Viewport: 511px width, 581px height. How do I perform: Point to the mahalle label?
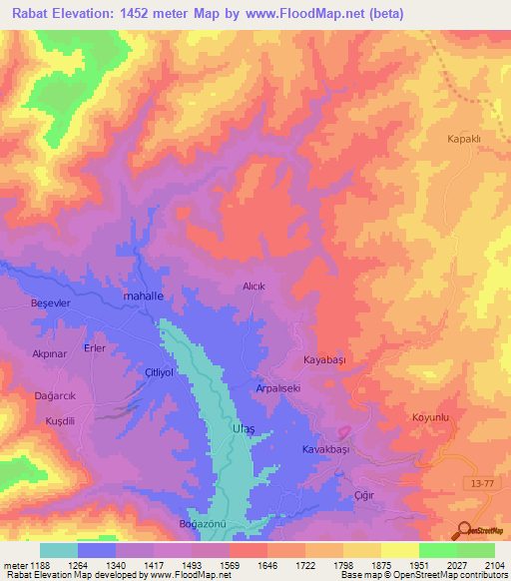click(x=142, y=296)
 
